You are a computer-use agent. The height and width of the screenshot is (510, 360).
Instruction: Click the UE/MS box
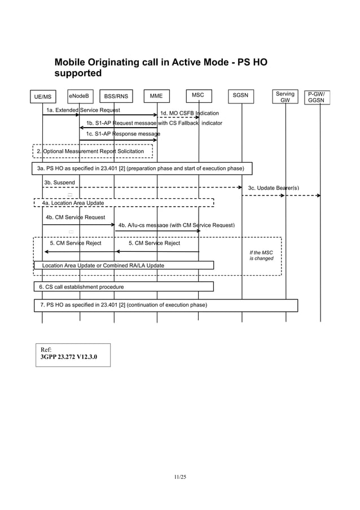click(42, 97)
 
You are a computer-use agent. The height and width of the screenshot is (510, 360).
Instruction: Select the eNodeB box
click(80, 95)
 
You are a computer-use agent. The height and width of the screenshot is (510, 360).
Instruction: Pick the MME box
click(156, 96)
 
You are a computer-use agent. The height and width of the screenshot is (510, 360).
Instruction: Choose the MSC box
click(198, 95)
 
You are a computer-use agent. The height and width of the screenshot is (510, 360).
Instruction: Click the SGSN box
click(241, 95)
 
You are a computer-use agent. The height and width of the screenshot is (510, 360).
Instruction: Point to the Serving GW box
click(286, 97)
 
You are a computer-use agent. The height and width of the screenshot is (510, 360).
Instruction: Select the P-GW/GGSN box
click(319, 97)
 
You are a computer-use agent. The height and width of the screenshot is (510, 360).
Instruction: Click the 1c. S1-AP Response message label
click(123, 134)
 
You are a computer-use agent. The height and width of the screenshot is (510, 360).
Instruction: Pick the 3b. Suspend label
click(59, 182)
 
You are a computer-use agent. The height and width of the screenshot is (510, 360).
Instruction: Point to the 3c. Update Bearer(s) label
click(274, 188)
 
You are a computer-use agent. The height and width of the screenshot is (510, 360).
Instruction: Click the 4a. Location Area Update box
click(124, 203)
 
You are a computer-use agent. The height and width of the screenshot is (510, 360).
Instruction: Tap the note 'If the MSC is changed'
click(261, 255)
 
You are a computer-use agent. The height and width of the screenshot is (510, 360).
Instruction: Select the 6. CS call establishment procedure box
click(124, 287)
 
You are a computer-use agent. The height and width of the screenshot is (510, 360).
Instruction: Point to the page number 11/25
click(180, 478)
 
